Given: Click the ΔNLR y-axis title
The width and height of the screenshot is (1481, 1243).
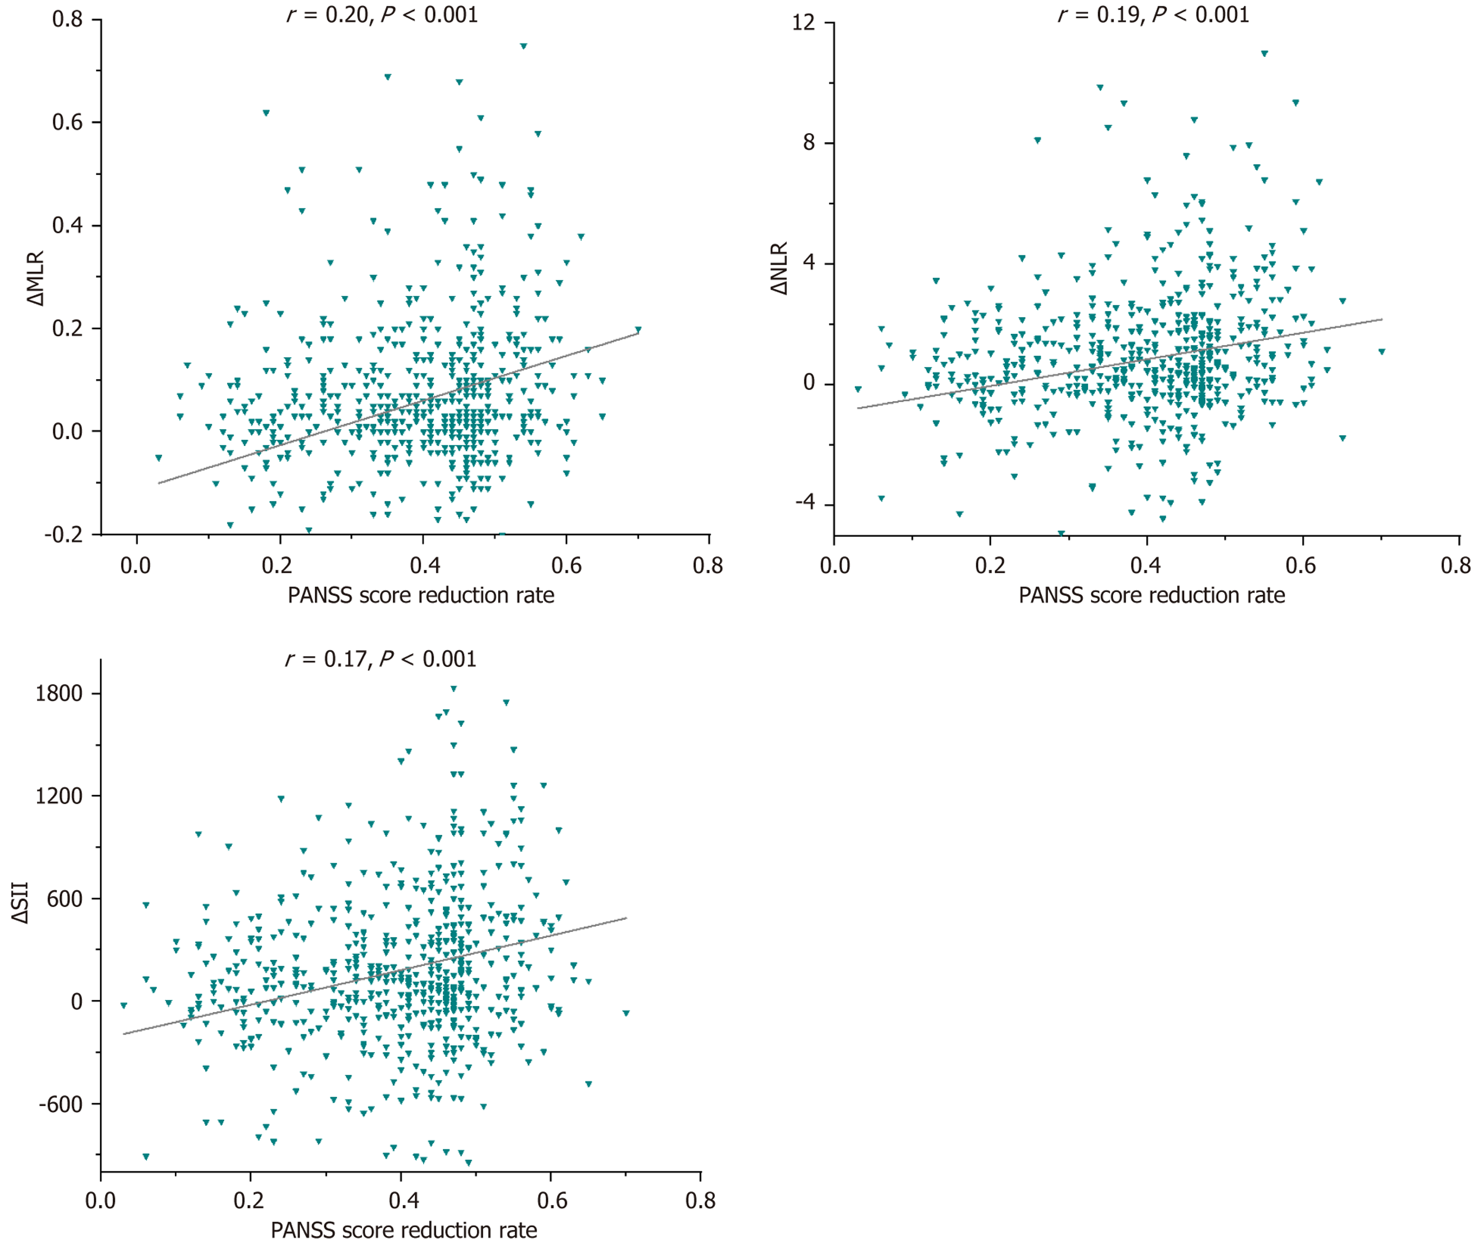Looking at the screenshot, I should click(779, 268).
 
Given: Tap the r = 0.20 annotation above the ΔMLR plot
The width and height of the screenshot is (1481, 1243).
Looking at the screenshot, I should click(382, 15).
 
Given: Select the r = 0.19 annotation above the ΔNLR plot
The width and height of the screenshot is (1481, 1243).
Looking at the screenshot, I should click(1153, 15).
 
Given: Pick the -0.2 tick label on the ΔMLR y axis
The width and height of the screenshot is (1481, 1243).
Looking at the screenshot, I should click(63, 534).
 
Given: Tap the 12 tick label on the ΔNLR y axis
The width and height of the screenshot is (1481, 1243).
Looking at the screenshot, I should click(803, 23).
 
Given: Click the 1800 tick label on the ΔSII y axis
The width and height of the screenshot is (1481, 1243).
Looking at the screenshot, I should click(59, 694).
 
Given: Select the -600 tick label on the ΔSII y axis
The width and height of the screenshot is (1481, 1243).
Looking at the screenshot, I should click(61, 1104).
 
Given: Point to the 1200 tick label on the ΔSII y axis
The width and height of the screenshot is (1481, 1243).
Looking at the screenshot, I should click(59, 796).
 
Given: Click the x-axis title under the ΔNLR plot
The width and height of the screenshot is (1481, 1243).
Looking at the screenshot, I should click(1152, 596).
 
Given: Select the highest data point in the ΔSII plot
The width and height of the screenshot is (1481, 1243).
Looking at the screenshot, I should click(453, 689).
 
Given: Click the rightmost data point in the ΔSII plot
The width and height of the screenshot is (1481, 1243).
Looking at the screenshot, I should click(626, 1013).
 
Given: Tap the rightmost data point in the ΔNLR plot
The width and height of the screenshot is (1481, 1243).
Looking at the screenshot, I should click(1382, 352).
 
